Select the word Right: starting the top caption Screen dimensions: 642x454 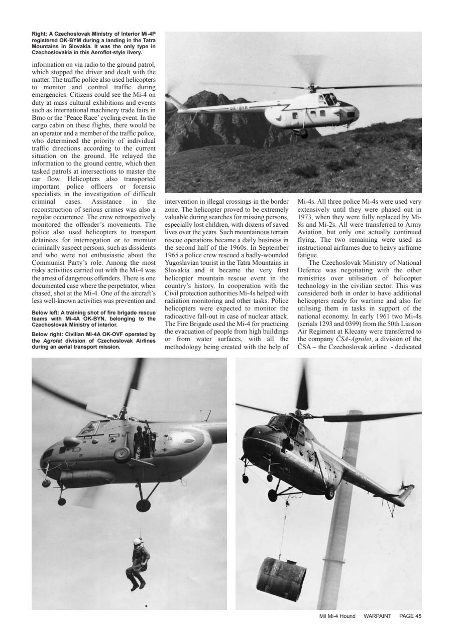click(39, 34)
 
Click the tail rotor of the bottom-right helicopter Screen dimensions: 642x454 click(405, 491)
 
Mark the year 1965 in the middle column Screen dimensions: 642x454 click(174, 255)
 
